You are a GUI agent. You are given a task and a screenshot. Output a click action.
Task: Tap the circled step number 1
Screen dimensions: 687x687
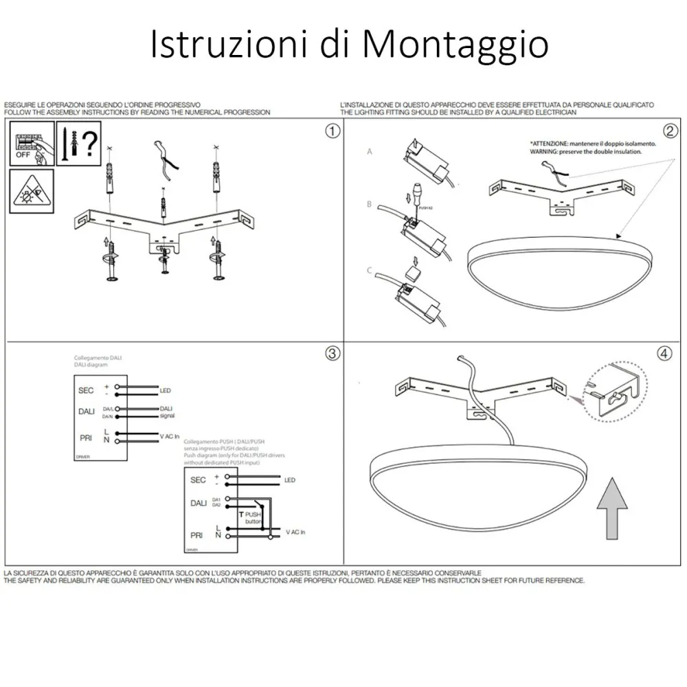click(x=332, y=131)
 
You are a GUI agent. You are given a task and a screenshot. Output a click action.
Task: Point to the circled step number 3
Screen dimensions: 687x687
click(x=332, y=354)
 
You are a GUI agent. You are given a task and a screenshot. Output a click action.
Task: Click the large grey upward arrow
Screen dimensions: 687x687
click(x=610, y=510)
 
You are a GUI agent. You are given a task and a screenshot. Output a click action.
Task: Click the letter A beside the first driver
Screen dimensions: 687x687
click(x=370, y=151)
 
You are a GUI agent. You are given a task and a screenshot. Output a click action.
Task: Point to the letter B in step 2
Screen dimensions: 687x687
click(x=370, y=205)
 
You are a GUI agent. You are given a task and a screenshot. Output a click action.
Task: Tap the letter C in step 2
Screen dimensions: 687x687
click(x=370, y=271)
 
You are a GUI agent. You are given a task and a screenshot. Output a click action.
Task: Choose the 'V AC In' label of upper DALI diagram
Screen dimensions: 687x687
click(x=170, y=436)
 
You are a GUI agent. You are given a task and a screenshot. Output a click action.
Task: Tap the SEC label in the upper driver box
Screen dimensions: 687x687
click(x=87, y=390)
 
